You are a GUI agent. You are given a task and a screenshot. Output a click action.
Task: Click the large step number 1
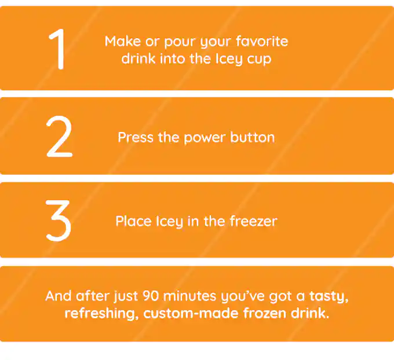pos(58,49)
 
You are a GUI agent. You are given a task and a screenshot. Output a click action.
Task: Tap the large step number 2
pos(60,137)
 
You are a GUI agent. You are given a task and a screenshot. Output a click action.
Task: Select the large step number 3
pos(59,221)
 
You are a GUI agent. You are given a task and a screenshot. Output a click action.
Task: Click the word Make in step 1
pos(123,41)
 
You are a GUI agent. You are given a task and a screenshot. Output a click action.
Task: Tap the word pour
pos(180,42)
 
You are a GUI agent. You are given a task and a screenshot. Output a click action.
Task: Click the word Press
pos(136,138)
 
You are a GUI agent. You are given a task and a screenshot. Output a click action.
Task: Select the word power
pos(205,138)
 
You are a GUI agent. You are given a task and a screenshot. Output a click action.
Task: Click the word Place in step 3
pos(133,221)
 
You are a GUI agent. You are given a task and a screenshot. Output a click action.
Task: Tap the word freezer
pos(254,221)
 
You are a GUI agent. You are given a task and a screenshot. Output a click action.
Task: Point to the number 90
pos(151,296)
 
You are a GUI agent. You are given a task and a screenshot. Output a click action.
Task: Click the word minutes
pos(189,296)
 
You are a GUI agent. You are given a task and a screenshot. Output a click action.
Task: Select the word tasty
pos(329,296)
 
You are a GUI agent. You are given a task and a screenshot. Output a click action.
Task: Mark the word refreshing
pos(101,314)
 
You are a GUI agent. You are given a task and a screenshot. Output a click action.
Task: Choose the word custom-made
pos(191,313)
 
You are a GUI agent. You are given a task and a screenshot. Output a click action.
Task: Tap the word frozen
pos(265,313)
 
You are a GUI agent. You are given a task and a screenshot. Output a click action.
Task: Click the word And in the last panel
pos(59,296)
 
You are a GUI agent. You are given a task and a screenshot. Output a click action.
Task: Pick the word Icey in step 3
pos(169,222)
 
